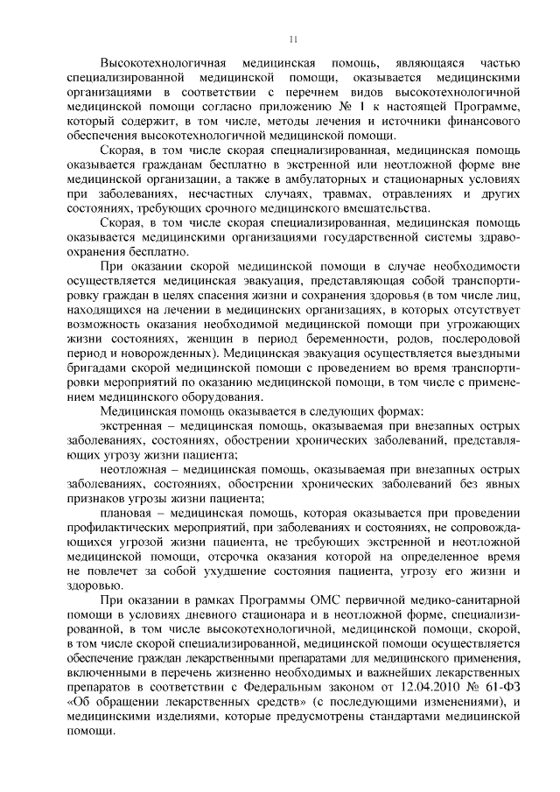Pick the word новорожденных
166,352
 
